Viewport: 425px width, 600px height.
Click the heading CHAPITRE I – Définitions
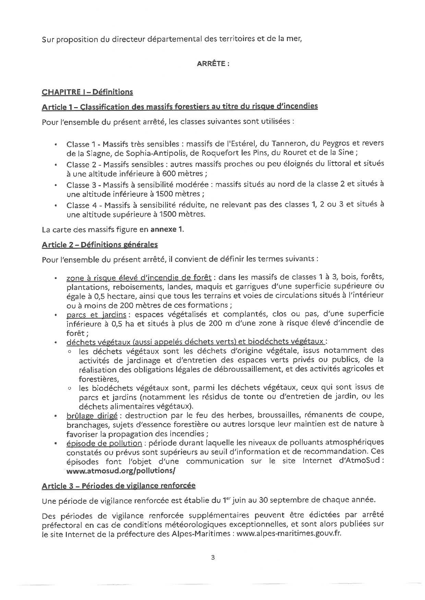tap(87, 92)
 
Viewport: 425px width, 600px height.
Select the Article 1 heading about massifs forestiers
tap(180, 106)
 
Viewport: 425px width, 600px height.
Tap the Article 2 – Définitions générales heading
tap(100, 244)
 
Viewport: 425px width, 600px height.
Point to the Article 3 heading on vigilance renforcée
tap(118, 485)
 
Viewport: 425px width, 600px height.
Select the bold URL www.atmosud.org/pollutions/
tap(121, 471)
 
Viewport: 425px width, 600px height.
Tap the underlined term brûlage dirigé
tap(92, 415)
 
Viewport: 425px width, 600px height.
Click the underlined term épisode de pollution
tap(104, 443)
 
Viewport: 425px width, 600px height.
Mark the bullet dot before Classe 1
tap(55, 144)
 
